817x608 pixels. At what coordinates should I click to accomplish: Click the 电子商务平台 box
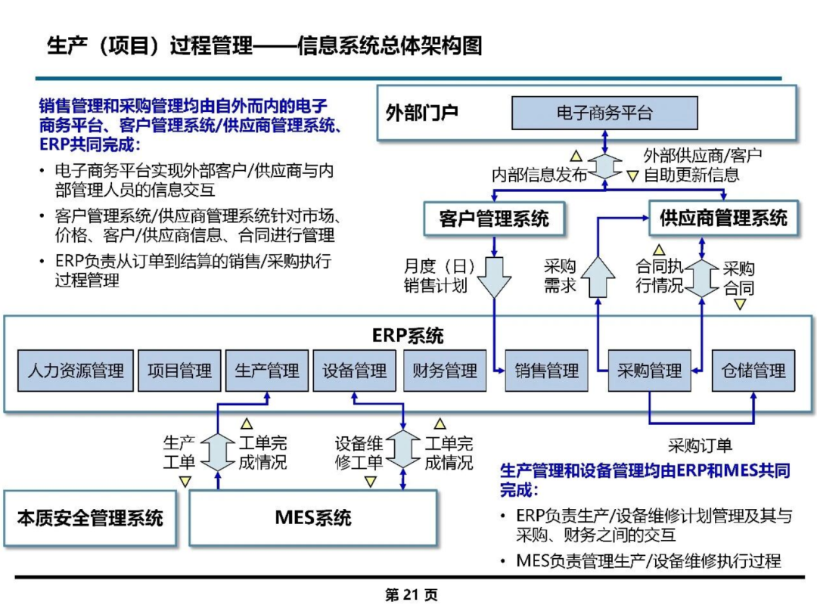[604, 113]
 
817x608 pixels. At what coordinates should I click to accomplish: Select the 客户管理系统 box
[494, 219]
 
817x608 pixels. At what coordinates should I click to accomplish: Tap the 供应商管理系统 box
[723, 218]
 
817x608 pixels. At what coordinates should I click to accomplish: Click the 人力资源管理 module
[76, 371]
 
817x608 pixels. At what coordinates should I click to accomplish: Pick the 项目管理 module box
[179, 371]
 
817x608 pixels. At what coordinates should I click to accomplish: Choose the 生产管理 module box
[267, 371]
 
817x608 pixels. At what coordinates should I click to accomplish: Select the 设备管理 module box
[354, 371]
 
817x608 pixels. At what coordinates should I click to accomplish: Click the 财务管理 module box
[445, 371]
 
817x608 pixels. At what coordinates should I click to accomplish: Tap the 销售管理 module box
[547, 371]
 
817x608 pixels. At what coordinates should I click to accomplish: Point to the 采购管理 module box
[649, 371]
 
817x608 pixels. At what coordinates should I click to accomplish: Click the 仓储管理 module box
[753, 371]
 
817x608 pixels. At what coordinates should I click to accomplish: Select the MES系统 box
[312, 518]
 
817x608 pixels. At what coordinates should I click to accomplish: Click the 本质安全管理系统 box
[89, 518]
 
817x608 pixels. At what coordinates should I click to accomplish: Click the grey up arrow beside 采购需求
[598, 277]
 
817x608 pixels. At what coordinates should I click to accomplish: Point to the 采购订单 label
[701, 445]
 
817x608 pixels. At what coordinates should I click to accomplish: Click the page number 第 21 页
[411, 594]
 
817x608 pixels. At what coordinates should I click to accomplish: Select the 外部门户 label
[421, 113]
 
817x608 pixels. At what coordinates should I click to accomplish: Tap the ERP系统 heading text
[408, 336]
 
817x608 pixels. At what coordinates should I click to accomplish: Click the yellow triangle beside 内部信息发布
[576, 155]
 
